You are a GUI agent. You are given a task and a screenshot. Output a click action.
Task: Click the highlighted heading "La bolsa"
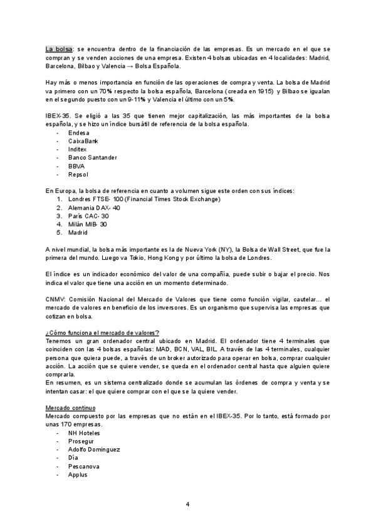coord(59,49)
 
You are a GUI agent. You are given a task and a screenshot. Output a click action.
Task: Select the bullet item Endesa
coord(79,133)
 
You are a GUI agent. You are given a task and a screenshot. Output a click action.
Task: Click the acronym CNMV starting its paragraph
coord(56,299)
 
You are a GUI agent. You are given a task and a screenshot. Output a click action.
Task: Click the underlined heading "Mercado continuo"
coord(71,408)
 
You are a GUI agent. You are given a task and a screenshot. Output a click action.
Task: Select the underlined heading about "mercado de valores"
coord(102,332)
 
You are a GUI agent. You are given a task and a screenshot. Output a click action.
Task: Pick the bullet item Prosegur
coord(81,441)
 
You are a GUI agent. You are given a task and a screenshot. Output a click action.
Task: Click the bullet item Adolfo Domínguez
coord(94,449)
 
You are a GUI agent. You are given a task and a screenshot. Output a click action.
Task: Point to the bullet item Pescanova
coord(84,466)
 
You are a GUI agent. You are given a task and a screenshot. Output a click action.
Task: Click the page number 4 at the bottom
coord(188,504)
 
